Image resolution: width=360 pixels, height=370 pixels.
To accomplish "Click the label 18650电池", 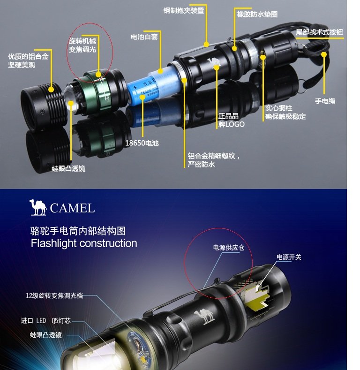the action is (142, 143).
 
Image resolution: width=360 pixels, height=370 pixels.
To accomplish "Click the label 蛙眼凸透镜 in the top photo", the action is (68, 168).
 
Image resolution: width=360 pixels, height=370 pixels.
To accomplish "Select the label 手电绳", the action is (325, 101).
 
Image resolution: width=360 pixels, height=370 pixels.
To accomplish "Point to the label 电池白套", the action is (144, 37).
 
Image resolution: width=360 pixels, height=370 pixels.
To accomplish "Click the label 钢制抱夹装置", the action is (184, 11).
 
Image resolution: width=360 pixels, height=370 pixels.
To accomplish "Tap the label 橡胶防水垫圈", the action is (257, 15).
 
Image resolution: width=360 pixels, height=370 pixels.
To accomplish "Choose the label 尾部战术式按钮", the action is (319, 32).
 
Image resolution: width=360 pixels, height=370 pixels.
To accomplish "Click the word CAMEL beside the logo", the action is (72, 208).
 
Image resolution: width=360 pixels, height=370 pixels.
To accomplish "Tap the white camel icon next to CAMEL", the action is (38, 207).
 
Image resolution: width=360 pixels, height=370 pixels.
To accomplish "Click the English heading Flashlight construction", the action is (84, 243).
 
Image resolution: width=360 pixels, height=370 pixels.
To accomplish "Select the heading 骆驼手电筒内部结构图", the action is (78, 231).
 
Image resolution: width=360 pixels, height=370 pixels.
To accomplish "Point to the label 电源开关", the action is (289, 257).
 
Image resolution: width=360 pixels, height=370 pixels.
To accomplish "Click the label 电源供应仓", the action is (229, 248).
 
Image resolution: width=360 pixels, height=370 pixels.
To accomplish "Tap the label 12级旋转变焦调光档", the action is (54, 295).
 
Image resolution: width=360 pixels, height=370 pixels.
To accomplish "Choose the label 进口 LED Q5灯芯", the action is (46, 321).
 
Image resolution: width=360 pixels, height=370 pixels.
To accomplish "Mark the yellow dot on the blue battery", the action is (142, 97).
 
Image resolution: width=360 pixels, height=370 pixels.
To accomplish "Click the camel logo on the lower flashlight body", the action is (204, 316).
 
